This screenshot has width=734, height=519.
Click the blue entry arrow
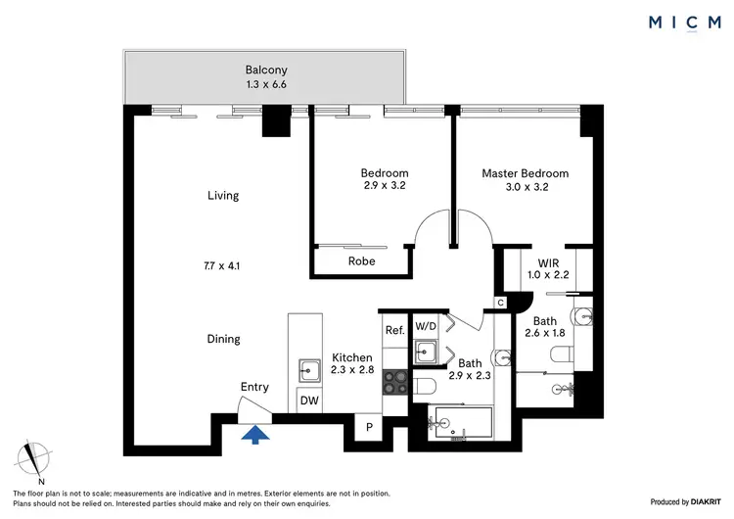(255, 434)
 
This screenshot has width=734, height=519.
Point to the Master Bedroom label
(525, 173)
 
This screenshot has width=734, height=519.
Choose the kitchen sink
(308, 369)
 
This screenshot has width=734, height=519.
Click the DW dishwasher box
(308, 401)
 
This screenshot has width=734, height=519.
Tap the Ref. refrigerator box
(393, 330)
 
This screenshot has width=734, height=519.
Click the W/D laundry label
(426, 325)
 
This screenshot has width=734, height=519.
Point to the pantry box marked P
(370, 428)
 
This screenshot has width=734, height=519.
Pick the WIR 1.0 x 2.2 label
(547, 269)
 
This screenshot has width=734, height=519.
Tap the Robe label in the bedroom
(362, 261)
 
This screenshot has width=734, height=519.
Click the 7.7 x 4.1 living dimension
(222, 265)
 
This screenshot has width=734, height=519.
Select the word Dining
(222, 339)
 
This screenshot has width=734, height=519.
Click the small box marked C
(500, 304)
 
